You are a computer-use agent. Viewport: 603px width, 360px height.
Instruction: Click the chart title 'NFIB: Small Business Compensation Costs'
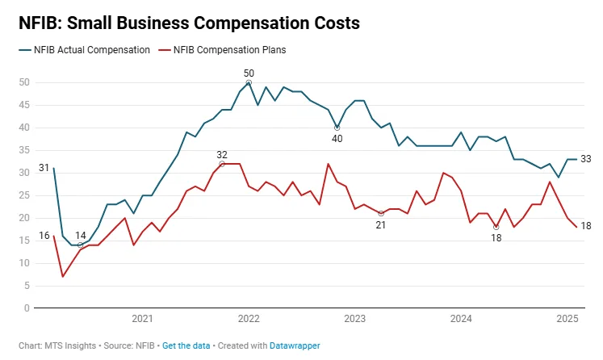coord(189,23)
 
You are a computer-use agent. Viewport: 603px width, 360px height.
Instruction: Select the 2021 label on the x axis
coord(142,320)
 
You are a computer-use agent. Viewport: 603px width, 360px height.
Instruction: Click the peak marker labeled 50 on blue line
coord(249,82)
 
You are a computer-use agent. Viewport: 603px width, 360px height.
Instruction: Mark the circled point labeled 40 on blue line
coord(337,128)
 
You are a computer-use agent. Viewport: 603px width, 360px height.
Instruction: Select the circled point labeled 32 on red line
coord(222,164)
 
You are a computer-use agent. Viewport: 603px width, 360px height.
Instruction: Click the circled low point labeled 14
coord(80,245)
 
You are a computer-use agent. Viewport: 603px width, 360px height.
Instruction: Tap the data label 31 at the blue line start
coord(44,169)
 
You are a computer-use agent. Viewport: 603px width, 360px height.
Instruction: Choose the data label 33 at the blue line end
coord(586,159)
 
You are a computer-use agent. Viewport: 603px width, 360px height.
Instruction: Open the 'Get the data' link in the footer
coord(186,345)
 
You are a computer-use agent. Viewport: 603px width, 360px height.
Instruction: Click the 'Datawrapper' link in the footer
coord(295,345)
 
